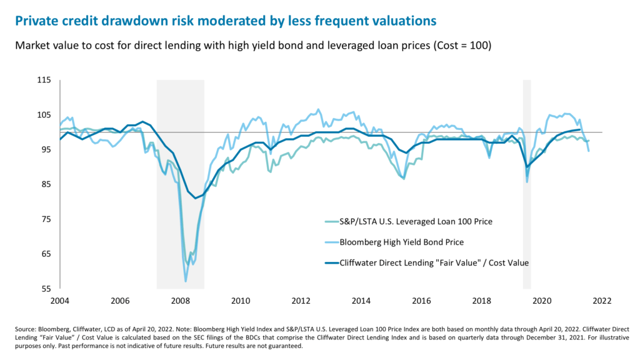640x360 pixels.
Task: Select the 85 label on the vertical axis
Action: point(45,184)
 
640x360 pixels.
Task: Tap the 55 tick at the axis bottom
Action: point(45,289)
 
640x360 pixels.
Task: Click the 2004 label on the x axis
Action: point(59,301)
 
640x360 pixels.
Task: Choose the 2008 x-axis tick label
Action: point(180,301)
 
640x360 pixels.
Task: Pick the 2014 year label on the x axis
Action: point(361,301)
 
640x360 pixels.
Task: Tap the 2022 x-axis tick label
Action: point(602,301)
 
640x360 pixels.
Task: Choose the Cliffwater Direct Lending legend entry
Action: point(432,263)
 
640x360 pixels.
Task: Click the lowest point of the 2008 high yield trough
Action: point(186,281)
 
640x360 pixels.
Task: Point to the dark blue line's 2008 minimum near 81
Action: point(196,198)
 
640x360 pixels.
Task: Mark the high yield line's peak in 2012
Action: point(319,109)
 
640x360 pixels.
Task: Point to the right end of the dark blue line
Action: point(581,130)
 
